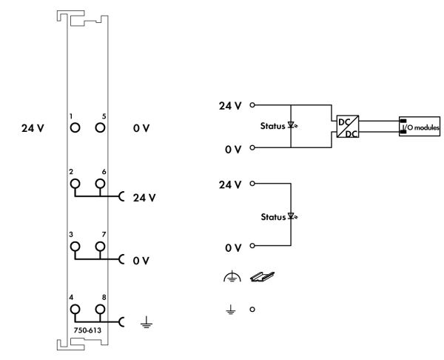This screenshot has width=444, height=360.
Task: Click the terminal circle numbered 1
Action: [x=75, y=128]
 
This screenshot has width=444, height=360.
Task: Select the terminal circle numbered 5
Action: [x=100, y=128]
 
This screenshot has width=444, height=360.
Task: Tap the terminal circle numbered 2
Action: [x=75, y=184]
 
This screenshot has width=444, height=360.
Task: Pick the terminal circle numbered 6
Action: [x=100, y=184]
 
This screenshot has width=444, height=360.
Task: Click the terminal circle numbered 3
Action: [x=75, y=247]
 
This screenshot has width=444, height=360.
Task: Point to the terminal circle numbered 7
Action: [x=100, y=247]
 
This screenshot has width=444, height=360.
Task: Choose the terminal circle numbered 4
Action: [x=75, y=310]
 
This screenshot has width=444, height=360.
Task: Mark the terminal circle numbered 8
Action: [x=100, y=310]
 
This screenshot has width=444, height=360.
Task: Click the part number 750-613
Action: [x=87, y=330]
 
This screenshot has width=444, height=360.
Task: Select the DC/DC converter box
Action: [x=348, y=127]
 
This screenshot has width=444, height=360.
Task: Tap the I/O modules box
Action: [x=420, y=127]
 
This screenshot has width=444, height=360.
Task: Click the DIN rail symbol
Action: [x=262, y=276]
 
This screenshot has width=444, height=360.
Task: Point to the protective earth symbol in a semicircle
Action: [x=232, y=276]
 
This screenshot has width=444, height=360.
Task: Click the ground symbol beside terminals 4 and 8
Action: [x=147, y=322]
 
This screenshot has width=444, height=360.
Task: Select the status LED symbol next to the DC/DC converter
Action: [x=292, y=125]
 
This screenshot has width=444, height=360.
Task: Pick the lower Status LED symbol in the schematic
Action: [x=292, y=216]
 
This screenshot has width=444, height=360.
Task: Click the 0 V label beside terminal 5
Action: [x=141, y=128]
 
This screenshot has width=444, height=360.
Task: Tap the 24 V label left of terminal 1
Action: [x=33, y=128]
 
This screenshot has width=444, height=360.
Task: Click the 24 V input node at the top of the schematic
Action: [x=252, y=105]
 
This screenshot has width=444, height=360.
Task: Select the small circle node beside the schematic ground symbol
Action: [x=252, y=310]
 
